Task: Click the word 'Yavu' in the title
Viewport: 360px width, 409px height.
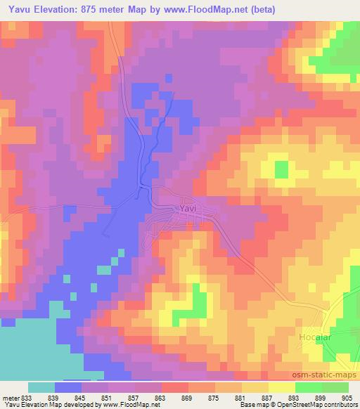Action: click(18, 10)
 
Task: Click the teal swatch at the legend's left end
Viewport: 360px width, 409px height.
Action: click(41, 387)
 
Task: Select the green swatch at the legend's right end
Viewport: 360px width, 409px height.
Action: click(335, 387)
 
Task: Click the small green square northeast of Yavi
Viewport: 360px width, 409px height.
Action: click(281, 169)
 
